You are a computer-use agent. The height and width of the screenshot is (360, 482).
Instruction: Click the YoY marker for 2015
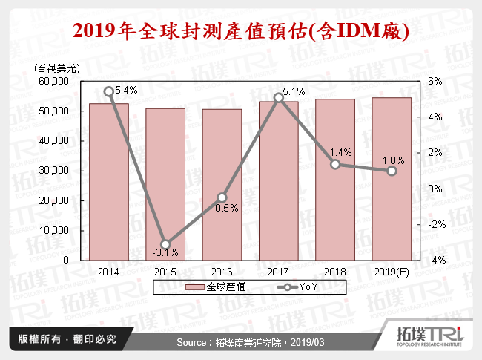(165, 244)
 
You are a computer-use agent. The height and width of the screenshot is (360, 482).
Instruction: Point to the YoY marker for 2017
(278, 97)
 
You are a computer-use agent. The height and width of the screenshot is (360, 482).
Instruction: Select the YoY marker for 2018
(335, 164)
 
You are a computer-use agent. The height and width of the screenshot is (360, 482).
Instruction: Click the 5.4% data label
(127, 90)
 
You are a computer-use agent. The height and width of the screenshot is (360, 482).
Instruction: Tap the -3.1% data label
(165, 255)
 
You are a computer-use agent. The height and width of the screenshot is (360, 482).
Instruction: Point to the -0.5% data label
(225, 208)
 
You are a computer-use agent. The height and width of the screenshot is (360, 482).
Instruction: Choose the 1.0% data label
(393, 160)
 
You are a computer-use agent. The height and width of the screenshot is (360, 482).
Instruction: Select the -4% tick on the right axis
(435, 261)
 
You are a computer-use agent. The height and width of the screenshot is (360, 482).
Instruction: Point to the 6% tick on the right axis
(437, 81)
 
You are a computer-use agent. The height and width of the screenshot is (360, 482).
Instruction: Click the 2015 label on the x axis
(165, 272)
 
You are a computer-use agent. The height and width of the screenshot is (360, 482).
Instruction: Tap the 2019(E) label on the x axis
(392, 272)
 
